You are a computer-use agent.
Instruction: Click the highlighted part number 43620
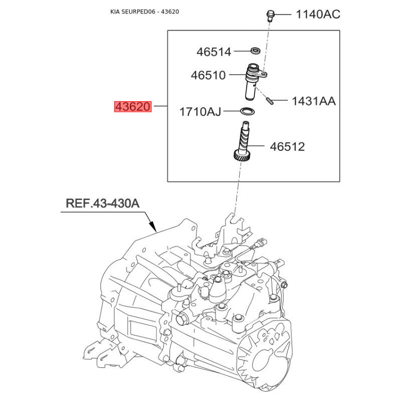pyautogui.click(x=132, y=107)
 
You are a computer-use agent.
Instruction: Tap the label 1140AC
pyautogui.click(x=318, y=14)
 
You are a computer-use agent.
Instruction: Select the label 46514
pyautogui.click(x=214, y=52)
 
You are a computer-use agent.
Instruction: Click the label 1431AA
pyautogui.click(x=314, y=101)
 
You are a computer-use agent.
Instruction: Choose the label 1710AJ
pyautogui.click(x=200, y=112)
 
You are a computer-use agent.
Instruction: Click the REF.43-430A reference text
pyautogui.click(x=102, y=204)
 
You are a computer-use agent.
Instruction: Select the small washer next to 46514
pyautogui.click(x=255, y=50)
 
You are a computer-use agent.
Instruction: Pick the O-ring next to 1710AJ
pyautogui.click(x=247, y=111)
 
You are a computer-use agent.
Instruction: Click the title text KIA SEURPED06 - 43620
pyautogui.click(x=144, y=11)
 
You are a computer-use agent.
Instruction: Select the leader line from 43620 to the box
pyautogui.click(x=159, y=106)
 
